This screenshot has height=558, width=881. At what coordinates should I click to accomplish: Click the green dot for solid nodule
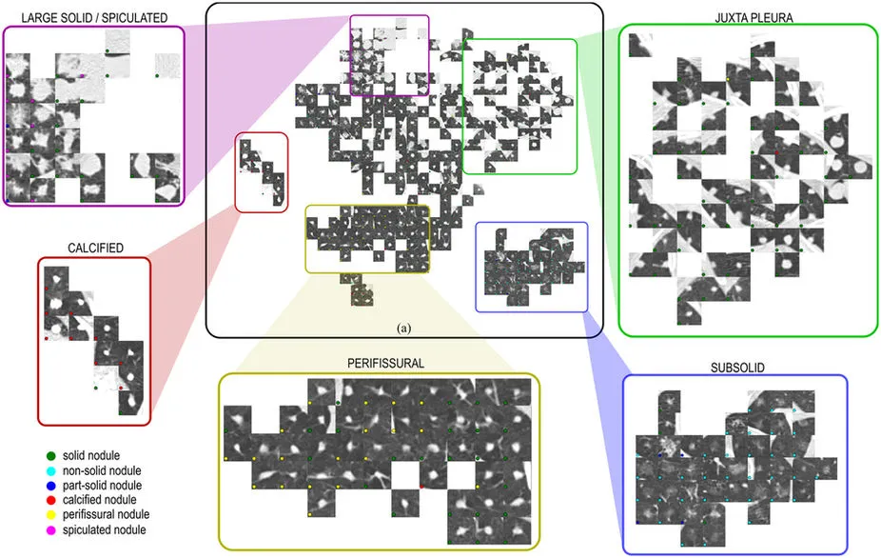coord(49,456)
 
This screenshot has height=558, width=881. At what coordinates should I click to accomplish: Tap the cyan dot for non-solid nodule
coord(49,470)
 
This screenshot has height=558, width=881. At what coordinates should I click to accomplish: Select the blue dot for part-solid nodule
coord(49,485)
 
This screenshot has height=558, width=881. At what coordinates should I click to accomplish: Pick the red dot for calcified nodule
coord(49,499)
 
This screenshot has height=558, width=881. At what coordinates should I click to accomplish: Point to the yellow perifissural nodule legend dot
coord(49,514)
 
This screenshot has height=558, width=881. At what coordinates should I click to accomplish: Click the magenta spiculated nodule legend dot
coord(49,528)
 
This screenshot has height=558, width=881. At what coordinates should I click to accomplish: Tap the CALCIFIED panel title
coord(95,248)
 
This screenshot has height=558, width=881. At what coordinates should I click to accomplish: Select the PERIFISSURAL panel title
coord(379,364)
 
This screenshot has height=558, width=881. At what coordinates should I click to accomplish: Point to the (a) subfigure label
coord(404,328)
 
